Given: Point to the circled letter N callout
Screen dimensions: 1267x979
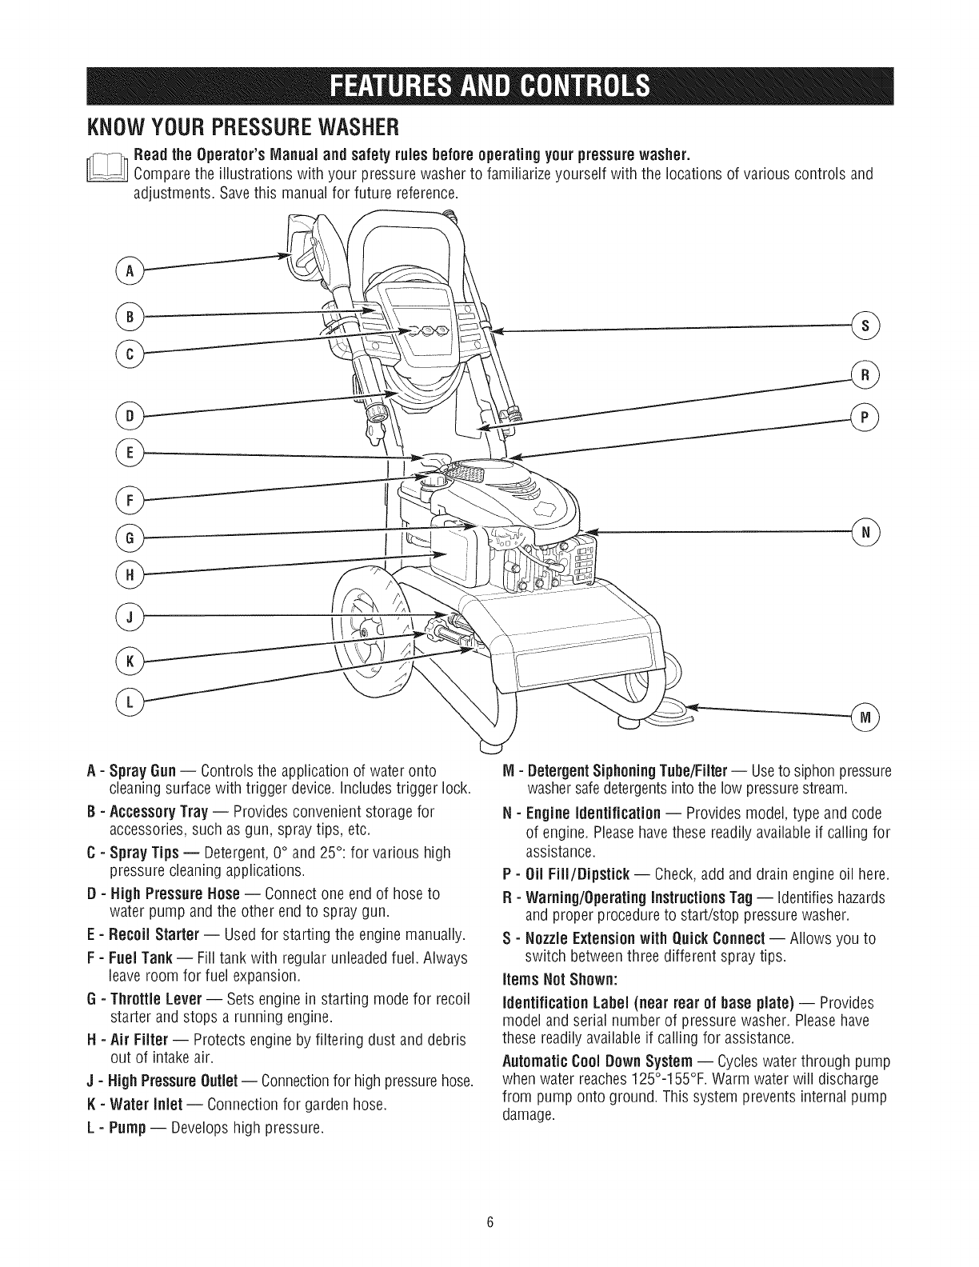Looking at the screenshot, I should click(866, 531).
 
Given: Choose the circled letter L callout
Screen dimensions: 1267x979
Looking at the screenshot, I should click(128, 701).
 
